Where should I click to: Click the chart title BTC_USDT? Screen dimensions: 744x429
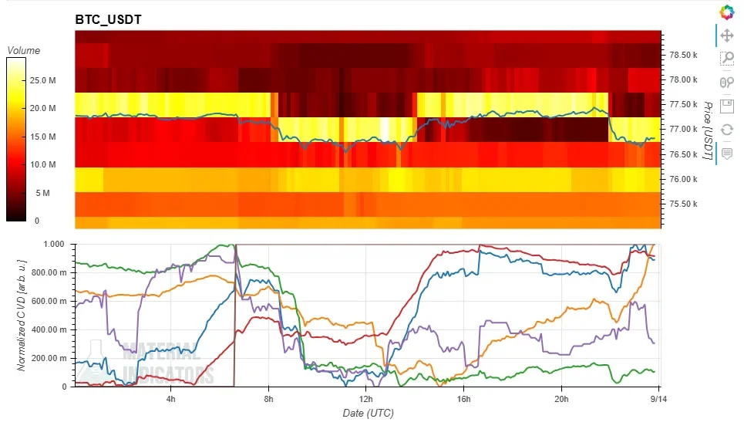(108, 19)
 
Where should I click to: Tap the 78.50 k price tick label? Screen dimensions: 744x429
(683, 55)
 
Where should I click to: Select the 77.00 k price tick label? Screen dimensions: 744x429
(683, 129)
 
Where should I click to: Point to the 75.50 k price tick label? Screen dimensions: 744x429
(683, 204)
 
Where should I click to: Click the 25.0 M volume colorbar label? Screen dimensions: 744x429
(42, 80)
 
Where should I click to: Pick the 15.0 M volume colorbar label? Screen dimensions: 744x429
(42, 137)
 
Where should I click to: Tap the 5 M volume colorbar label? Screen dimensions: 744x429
(42, 193)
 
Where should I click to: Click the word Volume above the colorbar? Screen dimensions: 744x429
(24, 50)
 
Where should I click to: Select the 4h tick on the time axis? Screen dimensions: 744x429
(171, 399)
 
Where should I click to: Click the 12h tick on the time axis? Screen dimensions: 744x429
(365, 399)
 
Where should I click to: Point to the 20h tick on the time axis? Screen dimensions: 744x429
(561, 399)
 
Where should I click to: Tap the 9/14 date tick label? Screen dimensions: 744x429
(658, 399)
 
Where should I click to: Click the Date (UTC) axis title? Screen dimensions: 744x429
(369, 414)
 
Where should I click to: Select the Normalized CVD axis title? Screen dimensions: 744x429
(22, 316)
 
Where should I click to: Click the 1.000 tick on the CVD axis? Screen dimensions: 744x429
(54, 244)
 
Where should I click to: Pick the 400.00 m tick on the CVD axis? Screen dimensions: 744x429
(49, 329)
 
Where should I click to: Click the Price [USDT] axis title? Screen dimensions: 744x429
(708, 130)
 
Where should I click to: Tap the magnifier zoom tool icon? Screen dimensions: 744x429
(727, 59)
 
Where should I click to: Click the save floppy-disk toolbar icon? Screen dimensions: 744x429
(727, 106)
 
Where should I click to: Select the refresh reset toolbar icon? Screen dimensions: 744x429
(727, 129)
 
